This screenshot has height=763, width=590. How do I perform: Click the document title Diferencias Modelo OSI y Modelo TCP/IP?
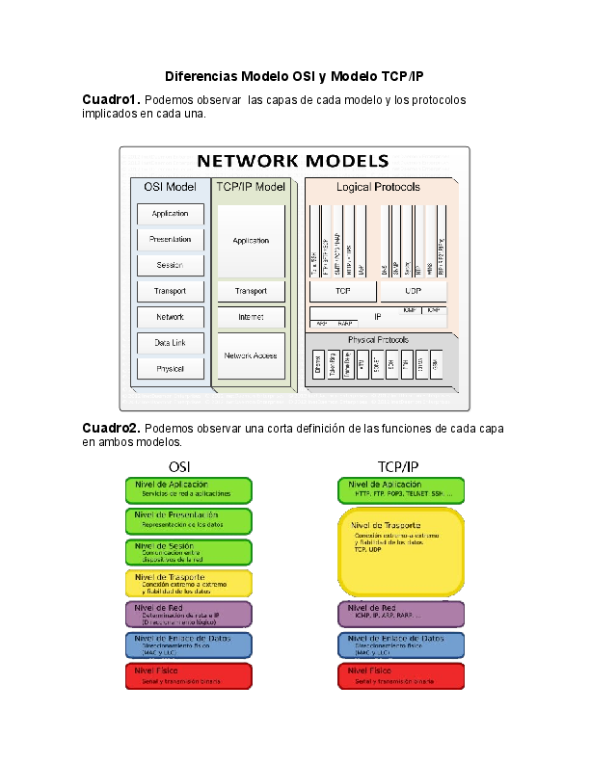point(294,76)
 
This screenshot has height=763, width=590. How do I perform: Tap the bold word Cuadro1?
point(111,100)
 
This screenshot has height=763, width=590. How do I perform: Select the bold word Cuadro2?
point(111,428)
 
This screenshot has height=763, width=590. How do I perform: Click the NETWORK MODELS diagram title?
point(293,161)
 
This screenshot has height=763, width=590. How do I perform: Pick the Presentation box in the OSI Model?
point(170,239)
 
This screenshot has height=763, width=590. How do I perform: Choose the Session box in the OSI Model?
point(170,265)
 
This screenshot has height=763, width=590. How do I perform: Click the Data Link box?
point(170,342)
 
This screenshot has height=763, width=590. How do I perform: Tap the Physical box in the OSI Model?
point(170,368)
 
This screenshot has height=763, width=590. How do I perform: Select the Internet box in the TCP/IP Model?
point(251,317)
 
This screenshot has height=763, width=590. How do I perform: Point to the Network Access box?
point(251,355)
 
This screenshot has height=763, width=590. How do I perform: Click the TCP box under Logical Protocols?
point(342,290)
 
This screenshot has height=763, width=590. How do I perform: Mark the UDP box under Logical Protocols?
point(414,290)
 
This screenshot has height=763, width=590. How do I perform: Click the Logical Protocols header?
point(378,186)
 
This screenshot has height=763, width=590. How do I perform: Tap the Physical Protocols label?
point(378,340)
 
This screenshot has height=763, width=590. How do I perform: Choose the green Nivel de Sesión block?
point(189,552)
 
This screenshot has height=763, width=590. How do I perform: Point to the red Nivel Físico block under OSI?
point(189,675)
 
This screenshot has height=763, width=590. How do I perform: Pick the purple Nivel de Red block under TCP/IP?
point(401,614)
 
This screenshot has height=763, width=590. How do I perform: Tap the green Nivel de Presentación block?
point(189,521)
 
